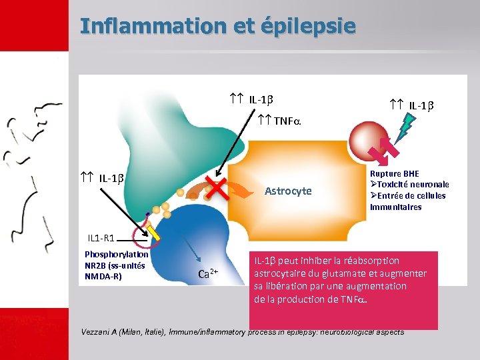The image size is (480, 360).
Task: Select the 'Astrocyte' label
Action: [x=288, y=191]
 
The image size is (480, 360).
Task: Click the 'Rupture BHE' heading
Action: [x=395, y=174]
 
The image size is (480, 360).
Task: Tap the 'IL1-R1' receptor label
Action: [x=102, y=237]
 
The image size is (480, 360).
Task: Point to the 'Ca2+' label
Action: [x=209, y=273]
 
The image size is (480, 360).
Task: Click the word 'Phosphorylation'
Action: [x=117, y=253]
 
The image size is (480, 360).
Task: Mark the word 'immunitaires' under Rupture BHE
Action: [x=395, y=207]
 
